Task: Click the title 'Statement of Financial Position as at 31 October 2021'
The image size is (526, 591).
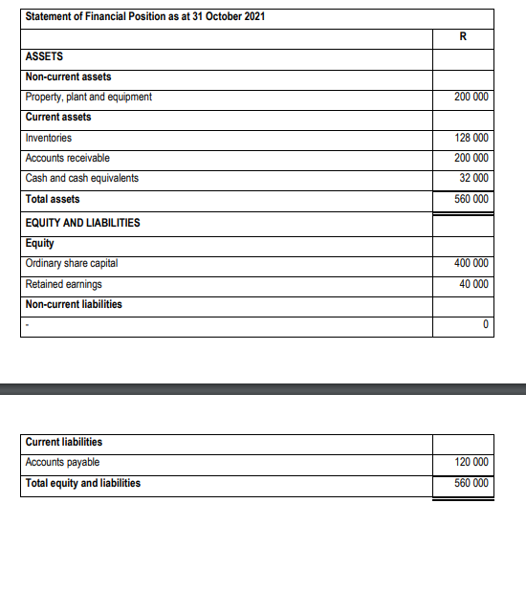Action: click(x=145, y=17)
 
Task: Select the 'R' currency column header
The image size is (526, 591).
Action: click(x=463, y=37)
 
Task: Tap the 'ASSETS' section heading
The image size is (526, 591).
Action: click(x=44, y=56)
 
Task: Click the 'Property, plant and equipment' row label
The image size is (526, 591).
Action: click(x=88, y=97)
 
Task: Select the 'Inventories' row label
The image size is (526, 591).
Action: click(x=49, y=138)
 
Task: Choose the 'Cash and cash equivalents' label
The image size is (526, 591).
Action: click(x=82, y=178)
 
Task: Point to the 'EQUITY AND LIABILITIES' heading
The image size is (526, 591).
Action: click(x=82, y=223)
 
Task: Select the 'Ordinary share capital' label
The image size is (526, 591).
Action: click(x=72, y=263)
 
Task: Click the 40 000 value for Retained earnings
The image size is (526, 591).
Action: click(x=473, y=284)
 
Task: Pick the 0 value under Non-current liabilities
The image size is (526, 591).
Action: click(x=486, y=325)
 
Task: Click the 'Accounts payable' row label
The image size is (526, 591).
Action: click(x=62, y=462)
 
